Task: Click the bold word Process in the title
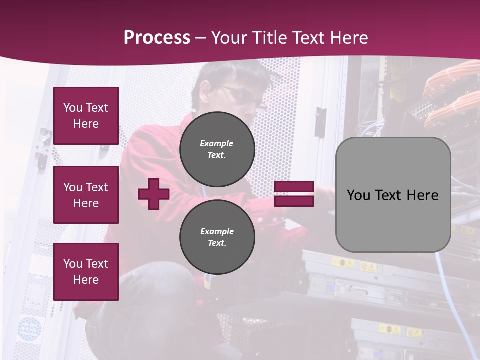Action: tap(157, 38)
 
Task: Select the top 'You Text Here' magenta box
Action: tap(86, 116)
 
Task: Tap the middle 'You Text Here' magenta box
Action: tap(86, 195)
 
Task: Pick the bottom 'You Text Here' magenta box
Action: tap(86, 272)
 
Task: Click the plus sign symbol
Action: tap(154, 194)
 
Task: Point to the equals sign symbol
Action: tap(294, 194)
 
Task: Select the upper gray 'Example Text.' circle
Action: tap(217, 149)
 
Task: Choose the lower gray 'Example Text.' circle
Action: tap(217, 237)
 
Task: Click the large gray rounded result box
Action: tap(393, 195)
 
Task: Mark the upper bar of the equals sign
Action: tap(294, 187)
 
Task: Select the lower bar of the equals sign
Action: tap(294, 201)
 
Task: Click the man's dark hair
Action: tap(235, 75)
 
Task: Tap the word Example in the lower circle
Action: tap(217, 231)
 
